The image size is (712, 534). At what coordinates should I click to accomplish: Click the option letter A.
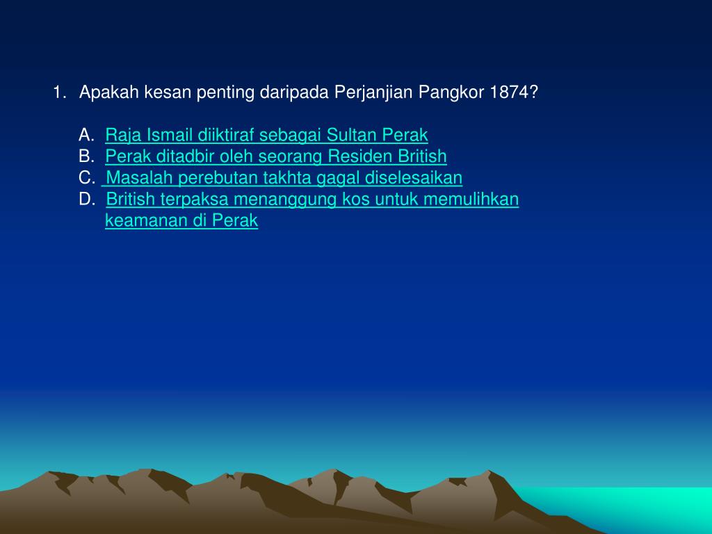pos(86,134)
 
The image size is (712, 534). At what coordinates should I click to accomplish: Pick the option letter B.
pos(86,156)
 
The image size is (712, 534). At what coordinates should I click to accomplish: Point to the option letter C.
pos(87,178)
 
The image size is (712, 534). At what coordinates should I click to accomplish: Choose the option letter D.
pos(87,200)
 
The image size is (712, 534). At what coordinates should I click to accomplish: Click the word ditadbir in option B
pos(171,156)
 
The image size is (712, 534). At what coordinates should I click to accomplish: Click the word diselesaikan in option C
pos(414,178)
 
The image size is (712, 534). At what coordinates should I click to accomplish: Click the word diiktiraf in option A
pos(227,134)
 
